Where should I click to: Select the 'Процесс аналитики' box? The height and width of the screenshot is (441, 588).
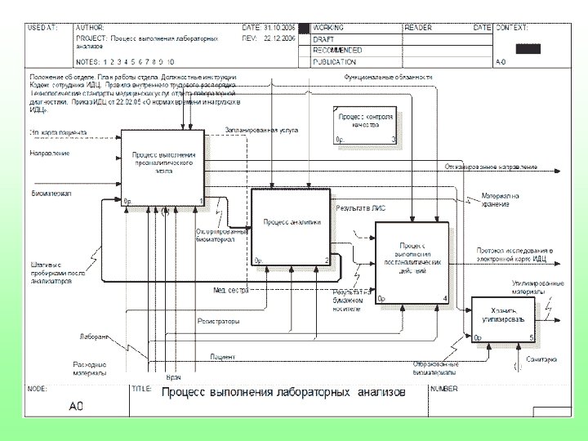coord(291,226)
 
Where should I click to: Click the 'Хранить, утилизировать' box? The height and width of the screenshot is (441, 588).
coord(503,319)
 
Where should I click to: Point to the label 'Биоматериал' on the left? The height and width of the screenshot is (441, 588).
coord(51,193)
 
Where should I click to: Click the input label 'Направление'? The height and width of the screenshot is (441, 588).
coord(50,153)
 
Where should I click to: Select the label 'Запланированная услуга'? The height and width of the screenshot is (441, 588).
coord(261,130)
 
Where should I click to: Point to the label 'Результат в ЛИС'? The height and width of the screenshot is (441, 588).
coord(367,208)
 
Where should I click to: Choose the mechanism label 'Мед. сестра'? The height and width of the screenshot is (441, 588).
coord(230,290)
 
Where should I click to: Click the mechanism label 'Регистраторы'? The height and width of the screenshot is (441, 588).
coord(218,321)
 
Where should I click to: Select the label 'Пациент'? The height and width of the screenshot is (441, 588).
coord(222,357)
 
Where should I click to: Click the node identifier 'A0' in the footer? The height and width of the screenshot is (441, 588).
coord(77,405)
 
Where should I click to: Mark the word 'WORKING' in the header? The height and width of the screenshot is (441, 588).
coord(328,28)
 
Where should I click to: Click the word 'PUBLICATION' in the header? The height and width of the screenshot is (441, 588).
coord(335,62)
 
